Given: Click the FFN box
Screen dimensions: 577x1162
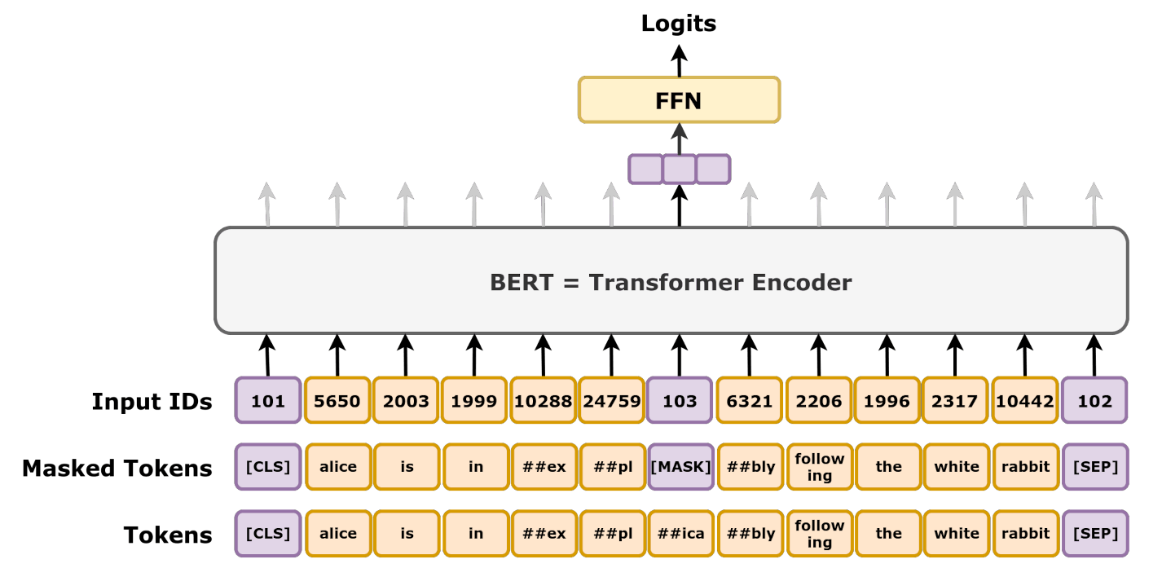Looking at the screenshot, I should [x=679, y=100].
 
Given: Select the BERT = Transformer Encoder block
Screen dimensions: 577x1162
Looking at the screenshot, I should [x=671, y=281].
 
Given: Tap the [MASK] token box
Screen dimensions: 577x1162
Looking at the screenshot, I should [x=680, y=467].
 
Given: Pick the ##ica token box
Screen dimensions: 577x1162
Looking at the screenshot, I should [x=680, y=534].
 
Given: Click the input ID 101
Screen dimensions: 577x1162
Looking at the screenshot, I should [x=268, y=401].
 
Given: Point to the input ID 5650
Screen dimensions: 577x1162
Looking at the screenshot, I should [x=337, y=401].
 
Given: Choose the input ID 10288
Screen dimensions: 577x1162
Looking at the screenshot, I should [x=544, y=401].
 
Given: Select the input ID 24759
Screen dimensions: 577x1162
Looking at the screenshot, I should [x=612, y=401].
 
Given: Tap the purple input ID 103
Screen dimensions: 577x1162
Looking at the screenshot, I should [x=680, y=401].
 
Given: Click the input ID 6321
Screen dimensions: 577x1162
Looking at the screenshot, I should [x=750, y=401].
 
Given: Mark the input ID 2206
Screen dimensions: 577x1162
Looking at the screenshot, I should [x=819, y=401].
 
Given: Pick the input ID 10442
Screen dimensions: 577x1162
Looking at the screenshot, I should [x=1025, y=401].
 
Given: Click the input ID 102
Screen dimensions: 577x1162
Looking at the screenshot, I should [x=1094, y=401].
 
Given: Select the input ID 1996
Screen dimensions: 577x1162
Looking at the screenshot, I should [x=887, y=401].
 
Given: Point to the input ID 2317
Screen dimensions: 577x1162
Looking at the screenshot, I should [x=956, y=401].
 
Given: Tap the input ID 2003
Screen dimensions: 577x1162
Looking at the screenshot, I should [x=406, y=401].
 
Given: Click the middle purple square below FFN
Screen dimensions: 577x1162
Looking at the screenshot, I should [x=679, y=169].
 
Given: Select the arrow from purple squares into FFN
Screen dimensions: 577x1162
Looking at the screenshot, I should [x=679, y=139].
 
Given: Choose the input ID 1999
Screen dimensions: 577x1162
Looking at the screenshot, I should [x=475, y=401].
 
